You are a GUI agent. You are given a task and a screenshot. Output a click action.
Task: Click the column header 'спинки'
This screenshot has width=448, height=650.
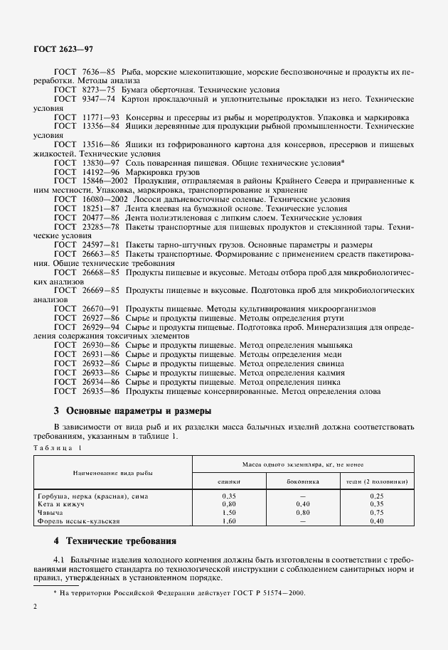pyautogui.click(x=228, y=481)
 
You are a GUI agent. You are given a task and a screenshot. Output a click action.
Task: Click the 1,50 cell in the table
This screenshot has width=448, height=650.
pyautogui.click(x=228, y=512)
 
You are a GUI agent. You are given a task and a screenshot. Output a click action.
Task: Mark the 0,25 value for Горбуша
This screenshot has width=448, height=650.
pyautogui.click(x=377, y=495)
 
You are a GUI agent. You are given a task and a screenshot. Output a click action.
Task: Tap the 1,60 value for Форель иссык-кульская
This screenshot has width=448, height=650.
pyautogui.click(x=228, y=521)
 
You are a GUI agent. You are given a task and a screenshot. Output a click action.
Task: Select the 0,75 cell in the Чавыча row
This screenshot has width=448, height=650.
pyautogui.click(x=377, y=512)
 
